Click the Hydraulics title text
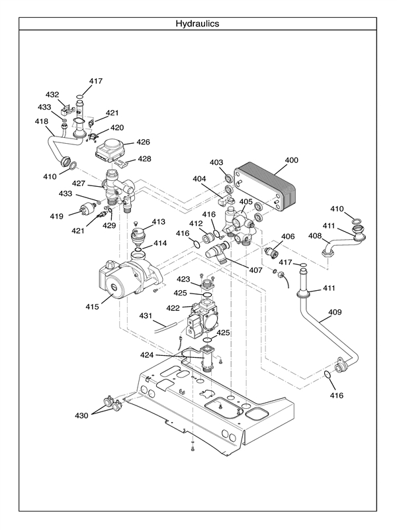197,23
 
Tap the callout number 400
291,160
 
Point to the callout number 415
92,307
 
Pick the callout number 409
335,311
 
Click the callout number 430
81,415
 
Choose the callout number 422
173,308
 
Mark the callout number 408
315,235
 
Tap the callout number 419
56,216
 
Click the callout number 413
158,221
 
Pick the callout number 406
288,237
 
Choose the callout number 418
42,122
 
